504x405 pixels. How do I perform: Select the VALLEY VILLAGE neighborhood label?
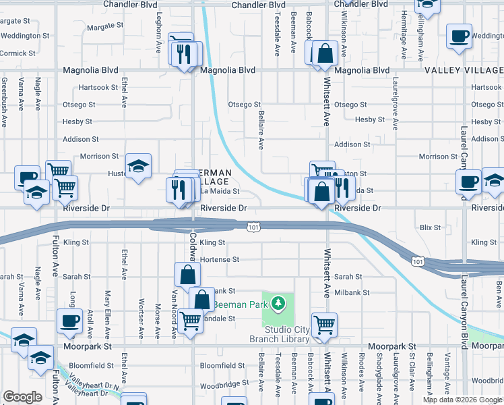[x=464, y=70]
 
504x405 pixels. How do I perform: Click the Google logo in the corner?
[x=22, y=397]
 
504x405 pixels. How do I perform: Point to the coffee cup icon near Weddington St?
[x=460, y=36]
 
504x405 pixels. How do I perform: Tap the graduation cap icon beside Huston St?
[x=138, y=166]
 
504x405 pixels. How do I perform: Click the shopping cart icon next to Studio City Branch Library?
[x=324, y=325]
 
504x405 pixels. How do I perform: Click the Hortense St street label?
[x=220, y=259]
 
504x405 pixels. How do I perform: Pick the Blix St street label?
[x=429, y=227]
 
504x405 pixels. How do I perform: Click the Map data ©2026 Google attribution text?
[x=462, y=400]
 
